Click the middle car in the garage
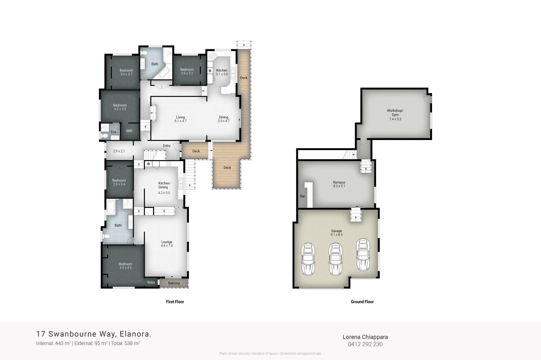pos(336,259)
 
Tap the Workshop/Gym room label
pos(395,115)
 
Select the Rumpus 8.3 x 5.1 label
pos(339,184)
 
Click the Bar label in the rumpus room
pos(303,196)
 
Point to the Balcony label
pos(174,283)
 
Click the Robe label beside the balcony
pos(151,282)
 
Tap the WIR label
pos(129,131)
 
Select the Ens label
pos(114,132)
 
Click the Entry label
pos(167,146)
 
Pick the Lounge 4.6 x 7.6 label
pos(167,244)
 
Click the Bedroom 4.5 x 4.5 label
pos(125,266)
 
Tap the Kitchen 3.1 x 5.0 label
pos(222,72)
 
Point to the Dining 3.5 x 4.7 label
pos(224,119)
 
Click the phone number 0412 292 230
pos(365,344)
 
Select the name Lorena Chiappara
pos(365,337)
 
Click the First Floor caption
pos(175,302)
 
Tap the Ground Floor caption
pos(362,302)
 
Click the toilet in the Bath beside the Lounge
pos(106,236)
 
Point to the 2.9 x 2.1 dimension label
pos(119,151)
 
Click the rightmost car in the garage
pos(363,255)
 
